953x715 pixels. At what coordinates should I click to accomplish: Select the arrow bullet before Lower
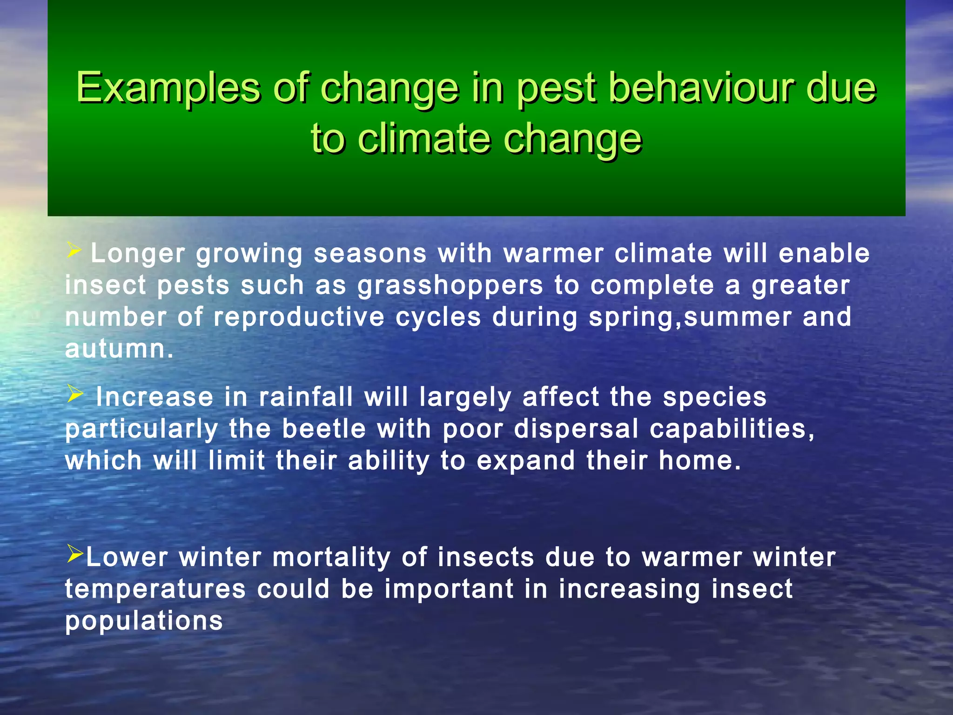74,553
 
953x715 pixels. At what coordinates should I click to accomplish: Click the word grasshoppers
450,285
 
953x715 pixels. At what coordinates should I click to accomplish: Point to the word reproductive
299,317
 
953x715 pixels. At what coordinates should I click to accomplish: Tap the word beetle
324,429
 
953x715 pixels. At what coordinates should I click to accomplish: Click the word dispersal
576,429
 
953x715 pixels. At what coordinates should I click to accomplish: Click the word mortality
331,557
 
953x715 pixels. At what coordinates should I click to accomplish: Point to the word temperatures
155,589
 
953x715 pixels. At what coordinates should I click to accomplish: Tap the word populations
144,621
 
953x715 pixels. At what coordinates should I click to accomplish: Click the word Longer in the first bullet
138,254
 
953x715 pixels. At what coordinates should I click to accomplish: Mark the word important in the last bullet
449,589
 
